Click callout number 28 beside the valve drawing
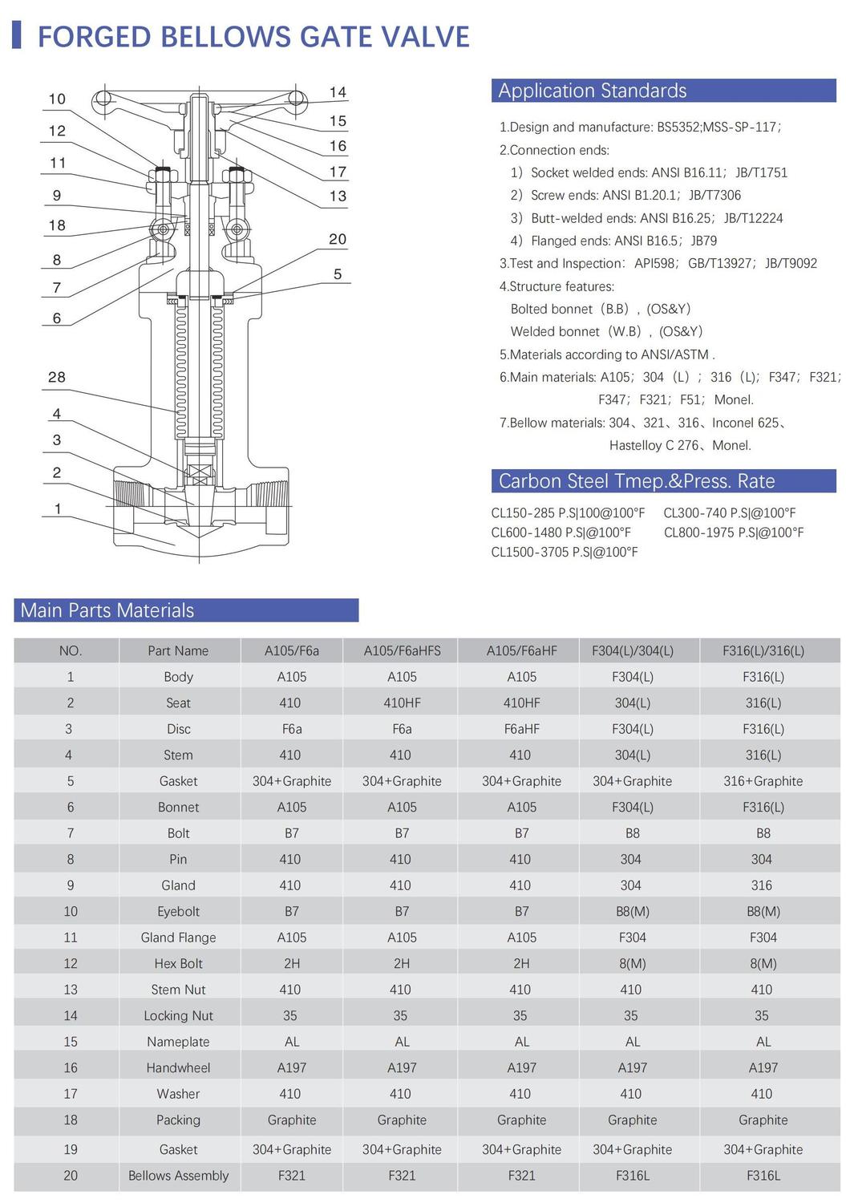pos(57,377)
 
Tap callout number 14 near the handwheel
pos(338,92)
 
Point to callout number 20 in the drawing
pos(338,239)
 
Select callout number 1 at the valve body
pos(57,508)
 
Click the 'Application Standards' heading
pos(592,91)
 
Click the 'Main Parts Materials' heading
pos(107,610)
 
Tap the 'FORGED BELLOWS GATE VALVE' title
pos(253,37)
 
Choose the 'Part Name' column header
pos(178,650)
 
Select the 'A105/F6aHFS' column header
pos(402,650)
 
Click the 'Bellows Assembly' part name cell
pos(178,1176)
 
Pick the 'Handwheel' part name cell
pos(178,1067)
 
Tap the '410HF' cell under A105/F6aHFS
pos(402,703)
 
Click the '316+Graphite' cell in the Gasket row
pos(763,781)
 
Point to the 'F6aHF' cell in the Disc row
pos(521,729)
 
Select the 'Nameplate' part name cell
pos(178,1042)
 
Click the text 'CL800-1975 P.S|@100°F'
pos(733,533)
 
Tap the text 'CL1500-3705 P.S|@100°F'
pos(564,552)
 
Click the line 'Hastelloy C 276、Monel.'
pos(680,445)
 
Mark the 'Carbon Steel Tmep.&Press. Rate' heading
pos(637,481)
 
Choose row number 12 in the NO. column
pos(71,963)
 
